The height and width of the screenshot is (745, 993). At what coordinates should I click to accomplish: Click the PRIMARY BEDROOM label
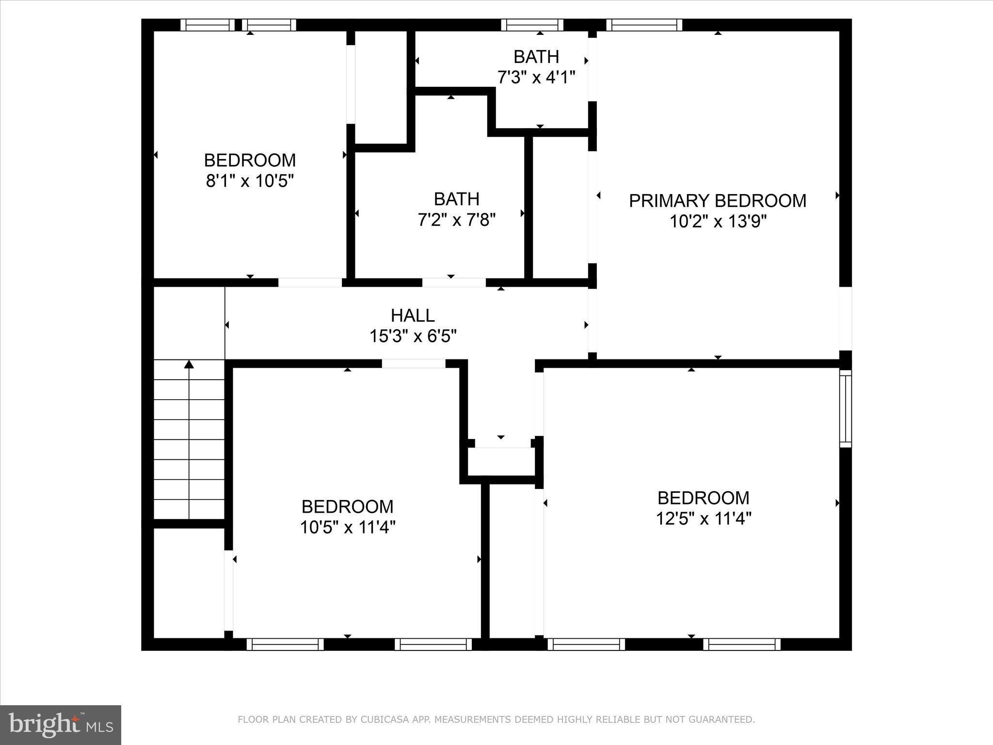718,200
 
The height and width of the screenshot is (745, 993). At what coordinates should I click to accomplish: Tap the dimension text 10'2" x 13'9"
718,222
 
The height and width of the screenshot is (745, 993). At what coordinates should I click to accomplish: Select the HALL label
413,315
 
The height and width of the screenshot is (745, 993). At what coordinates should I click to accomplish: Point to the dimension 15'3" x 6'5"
413,336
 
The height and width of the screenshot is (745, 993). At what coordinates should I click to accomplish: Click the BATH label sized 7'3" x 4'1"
536,57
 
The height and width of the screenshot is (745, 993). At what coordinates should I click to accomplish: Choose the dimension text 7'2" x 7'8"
456,220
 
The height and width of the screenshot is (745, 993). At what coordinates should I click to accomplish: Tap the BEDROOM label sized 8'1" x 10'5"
250,160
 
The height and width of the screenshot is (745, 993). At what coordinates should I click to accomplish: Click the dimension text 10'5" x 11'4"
347,527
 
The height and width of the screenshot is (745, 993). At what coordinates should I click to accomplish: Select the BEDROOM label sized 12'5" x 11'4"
703,498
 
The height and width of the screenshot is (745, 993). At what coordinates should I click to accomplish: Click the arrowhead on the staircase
189,364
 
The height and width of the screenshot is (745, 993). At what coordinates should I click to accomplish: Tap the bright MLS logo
61,725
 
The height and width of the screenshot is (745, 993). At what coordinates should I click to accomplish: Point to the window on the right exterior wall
845,408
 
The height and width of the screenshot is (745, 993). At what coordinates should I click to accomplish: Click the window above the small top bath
532,25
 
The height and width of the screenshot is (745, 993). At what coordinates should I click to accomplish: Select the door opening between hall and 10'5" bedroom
413,363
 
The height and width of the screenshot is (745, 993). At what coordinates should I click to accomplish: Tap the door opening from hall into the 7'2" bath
453,282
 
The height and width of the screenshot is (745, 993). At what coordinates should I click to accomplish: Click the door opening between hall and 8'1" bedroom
310,282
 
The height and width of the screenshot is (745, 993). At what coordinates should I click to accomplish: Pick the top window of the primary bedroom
644,25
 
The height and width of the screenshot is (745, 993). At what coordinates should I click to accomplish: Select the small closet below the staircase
189,582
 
